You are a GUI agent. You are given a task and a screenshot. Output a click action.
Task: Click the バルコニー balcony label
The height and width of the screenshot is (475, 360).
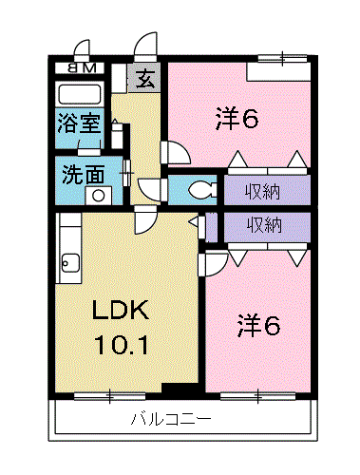pyautogui.click(x=170, y=419)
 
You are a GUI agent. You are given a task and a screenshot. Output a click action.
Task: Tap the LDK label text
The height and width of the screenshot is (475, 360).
pyautogui.click(x=122, y=312)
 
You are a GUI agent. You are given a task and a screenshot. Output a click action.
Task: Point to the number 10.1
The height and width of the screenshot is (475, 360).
pyautogui.click(x=121, y=344)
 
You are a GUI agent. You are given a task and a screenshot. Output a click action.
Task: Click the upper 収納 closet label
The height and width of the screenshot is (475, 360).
pyautogui.click(x=265, y=191)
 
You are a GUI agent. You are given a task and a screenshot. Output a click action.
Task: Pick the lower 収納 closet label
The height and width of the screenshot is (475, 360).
pyautogui.click(x=265, y=225)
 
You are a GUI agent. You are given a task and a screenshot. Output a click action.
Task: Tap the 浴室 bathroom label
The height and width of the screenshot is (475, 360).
pyautogui.click(x=77, y=123)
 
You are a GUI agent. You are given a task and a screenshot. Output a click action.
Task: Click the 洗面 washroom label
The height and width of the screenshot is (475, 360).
pyautogui.click(x=78, y=176)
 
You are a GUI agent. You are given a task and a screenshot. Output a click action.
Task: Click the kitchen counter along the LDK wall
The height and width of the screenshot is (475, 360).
pyautogui.click(x=69, y=252)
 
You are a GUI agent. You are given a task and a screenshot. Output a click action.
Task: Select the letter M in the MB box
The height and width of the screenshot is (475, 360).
pyautogui.click(x=89, y=67)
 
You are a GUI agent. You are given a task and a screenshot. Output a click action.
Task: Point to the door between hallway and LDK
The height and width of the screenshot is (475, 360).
pyautogui.click(x=145, y=221)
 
